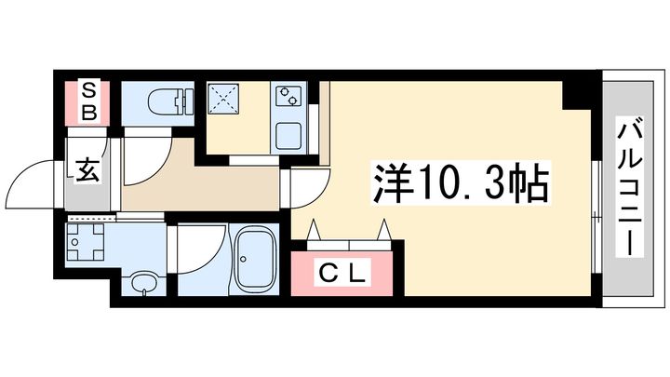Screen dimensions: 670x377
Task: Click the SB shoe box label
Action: (x=89, y=102)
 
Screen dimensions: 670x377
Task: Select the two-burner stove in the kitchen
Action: (x=288, y=96)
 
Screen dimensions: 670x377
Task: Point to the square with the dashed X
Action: (x=223, y=99)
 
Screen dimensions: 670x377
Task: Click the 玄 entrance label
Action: (x=87, y=170)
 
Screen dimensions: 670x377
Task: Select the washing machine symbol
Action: (x=86, y=242)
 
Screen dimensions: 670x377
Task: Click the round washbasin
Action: (x=144, y=283)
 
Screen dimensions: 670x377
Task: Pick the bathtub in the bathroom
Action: (x=255, y=259)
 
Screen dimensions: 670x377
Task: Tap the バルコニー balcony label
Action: (x=630, y=187)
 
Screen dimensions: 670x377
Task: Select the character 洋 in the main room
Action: (x=394, y=182)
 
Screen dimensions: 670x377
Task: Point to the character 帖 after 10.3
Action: (x=529, y=182)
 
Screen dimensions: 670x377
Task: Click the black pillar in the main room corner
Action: (x=576, y=95)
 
